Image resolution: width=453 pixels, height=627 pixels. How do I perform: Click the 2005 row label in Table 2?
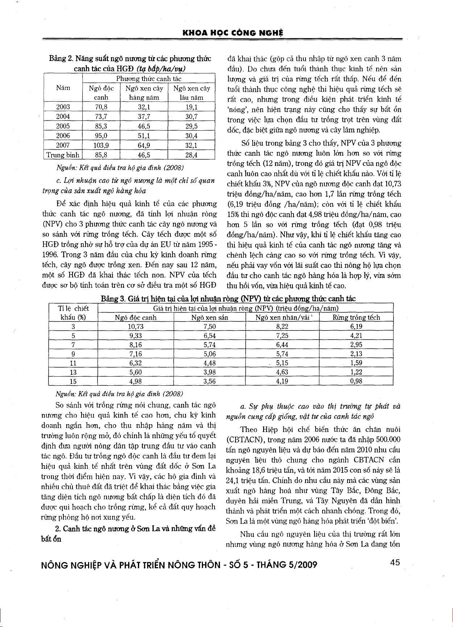point(63,126)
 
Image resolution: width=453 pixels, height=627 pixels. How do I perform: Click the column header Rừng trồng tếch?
point(356,318)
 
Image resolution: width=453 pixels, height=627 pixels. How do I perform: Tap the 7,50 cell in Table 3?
point(210,327)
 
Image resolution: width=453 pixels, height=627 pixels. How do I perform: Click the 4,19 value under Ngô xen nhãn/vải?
point(282,381)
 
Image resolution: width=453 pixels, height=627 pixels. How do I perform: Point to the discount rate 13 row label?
point(73,372)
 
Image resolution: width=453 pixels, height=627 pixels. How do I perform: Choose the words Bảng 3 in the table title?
point(113,299)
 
